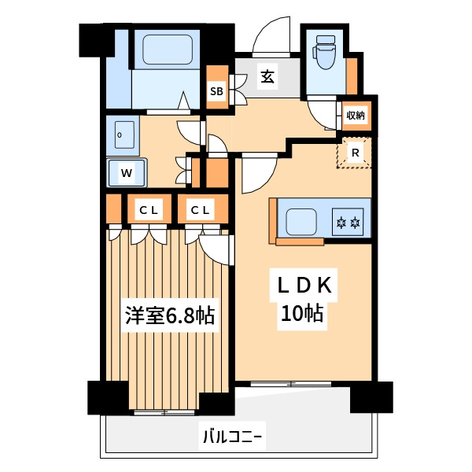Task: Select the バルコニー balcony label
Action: pyautogui.click(x=232, y=435)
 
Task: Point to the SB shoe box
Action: pyautogui.click(x=216, y=91)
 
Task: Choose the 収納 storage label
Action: pyautogui.click(x=356, y=116)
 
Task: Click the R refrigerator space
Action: pyautogui.click(x=356, y=153)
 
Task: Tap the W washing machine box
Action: pyautogui.click(x=126, y=171)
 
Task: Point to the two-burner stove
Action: pyautogui.click(x=348, y=222)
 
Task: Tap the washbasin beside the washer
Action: pyautogui.click(x=123, y=136)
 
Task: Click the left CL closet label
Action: pyautogui.click(x=149, y=210)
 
